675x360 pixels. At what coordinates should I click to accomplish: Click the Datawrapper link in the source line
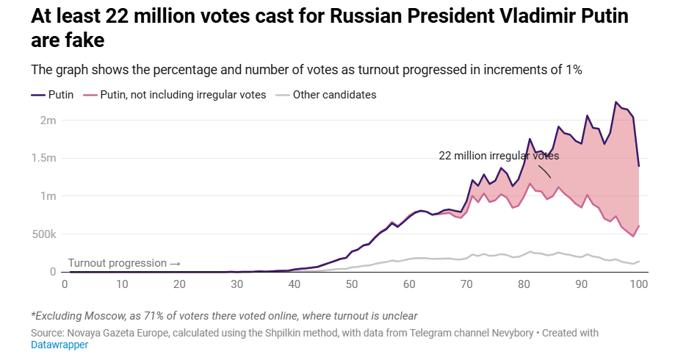(x=59, y=345)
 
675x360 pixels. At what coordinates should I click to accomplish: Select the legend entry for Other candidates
(x=334, y=95)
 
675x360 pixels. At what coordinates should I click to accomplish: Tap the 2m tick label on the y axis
(x=47, y=120)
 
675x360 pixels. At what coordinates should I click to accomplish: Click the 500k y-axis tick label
(x=42, y=234)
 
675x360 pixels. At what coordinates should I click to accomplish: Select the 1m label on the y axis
(x=47, y=196)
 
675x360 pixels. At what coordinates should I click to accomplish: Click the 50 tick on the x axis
(x=352, y=285)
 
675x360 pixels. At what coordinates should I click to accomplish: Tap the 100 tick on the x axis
(x=638, y=285)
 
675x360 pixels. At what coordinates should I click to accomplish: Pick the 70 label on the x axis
(x=466, y=285)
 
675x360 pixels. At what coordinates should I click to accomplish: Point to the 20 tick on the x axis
(x=180, y=285)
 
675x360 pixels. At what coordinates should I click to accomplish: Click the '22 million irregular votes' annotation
(x=499, y=156)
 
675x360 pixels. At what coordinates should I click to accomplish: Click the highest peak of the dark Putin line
(x=616, y=102)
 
